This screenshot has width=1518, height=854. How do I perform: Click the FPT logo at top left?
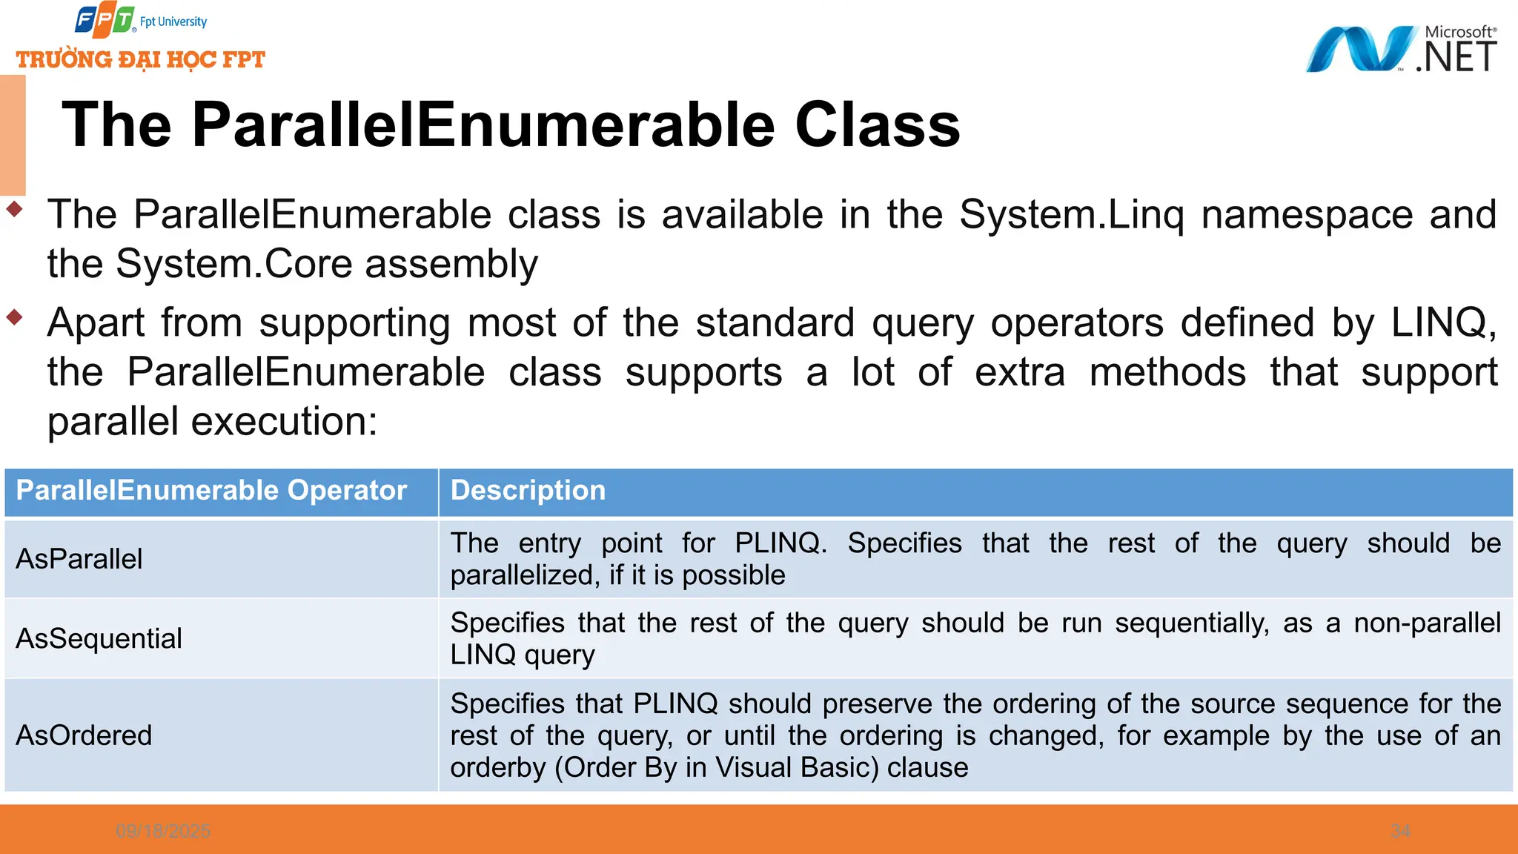click(x=105, y=21)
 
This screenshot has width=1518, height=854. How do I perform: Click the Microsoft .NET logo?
click(x=1400, y=50)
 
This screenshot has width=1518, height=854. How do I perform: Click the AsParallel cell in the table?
click(x=79, y=559)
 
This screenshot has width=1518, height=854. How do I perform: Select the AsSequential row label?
click(x=99, y=638)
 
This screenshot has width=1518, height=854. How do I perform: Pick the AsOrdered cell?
click(x=84, y=735)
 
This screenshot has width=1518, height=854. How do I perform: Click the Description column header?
click(x=528, y=491)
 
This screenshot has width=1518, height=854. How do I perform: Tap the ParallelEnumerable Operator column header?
click(x=211, y=491)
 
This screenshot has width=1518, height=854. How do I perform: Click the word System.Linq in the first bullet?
click(x=1071, y=215)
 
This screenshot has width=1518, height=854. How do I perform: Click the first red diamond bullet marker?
click(x=14, y=210)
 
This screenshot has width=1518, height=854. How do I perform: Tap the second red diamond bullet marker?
click(x=14, y=318)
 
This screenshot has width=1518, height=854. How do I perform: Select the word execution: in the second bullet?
click(x=285, y=422)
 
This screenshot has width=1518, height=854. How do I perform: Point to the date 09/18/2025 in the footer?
click(x=163, y=831)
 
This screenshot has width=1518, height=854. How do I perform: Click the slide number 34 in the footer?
click(x=1400, y=831)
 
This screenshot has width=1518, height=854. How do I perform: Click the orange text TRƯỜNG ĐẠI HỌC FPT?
click(x=141, y=59)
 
